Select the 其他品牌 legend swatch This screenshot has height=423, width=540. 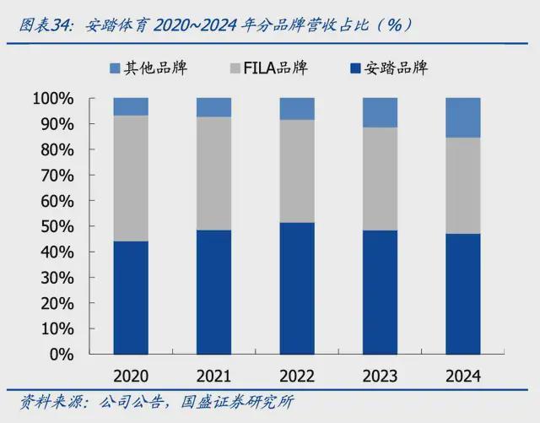(116, 68)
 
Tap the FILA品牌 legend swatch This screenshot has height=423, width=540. (233, 68)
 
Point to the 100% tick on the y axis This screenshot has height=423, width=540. (53, 99)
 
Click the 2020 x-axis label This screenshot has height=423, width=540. (131, 376)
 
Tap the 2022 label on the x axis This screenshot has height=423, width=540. (297, 376)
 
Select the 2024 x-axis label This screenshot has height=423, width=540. (463, 376)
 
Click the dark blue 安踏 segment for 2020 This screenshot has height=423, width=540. (131, 297)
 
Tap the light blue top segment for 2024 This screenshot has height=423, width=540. (463, 117)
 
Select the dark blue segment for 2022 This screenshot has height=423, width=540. (297, 288)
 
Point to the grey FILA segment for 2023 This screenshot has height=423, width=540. (380, 179)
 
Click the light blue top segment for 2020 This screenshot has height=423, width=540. (131, 106)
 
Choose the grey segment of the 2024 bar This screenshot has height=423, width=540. (463, 186)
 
